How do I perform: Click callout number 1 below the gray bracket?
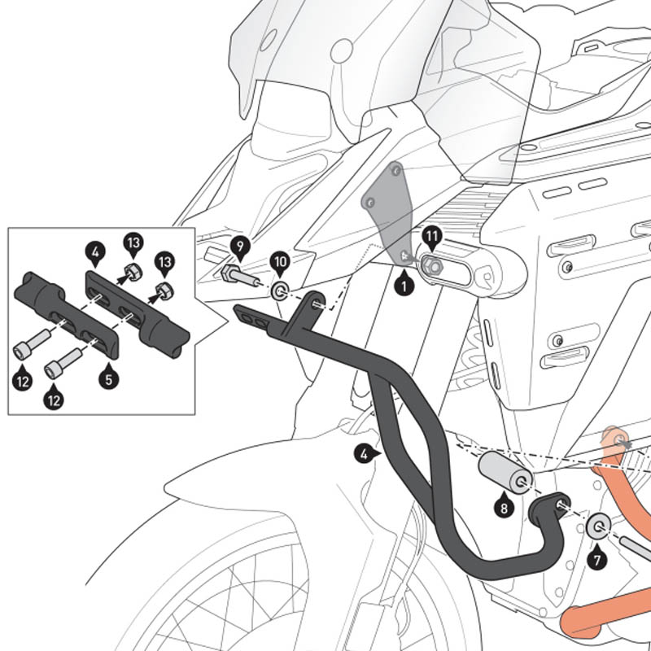[400, 286]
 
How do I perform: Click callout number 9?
[238, 245]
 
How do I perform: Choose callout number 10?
[279, 262]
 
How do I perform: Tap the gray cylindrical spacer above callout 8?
[504, 471]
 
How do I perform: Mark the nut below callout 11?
[432, 264]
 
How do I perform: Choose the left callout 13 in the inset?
[133, 242]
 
